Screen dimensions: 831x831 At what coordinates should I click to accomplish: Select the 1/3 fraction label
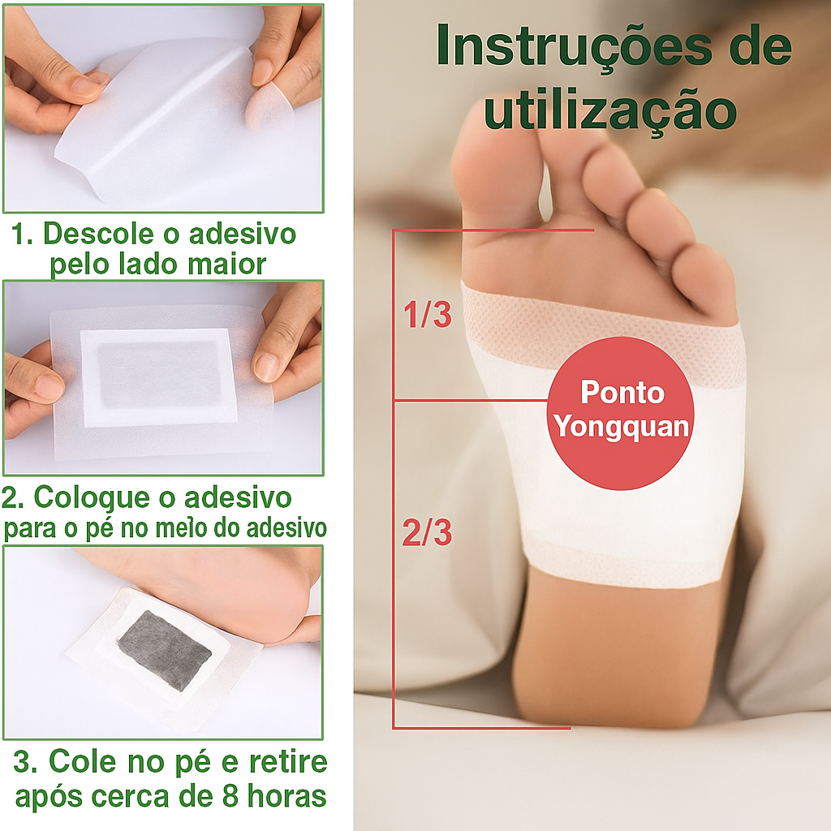point(427,314)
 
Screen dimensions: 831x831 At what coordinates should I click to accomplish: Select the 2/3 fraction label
point(427,532)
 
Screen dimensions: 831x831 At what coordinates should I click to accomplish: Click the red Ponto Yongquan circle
point(621,413)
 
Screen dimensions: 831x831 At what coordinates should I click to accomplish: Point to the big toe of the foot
point(496,175)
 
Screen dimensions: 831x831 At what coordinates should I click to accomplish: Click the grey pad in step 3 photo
point(164,650)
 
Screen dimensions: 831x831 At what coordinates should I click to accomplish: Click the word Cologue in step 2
point(92,498)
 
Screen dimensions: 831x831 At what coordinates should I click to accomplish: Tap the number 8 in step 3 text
point(230,797)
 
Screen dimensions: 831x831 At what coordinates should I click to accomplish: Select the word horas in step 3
point(286,796)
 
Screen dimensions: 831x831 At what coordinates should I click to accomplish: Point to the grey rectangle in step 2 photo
point(160,375)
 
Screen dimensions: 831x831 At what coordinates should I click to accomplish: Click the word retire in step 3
point(288,762)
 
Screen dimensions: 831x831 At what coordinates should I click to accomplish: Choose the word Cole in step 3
point(82,762)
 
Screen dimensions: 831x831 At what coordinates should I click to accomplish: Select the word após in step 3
point(50,798)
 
